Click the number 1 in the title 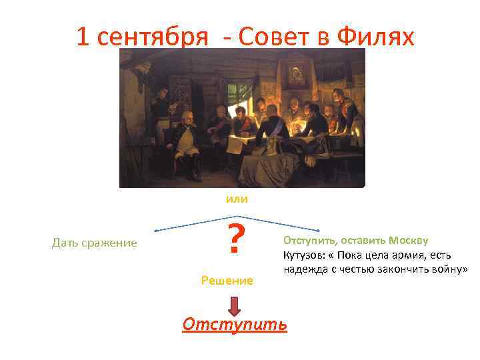tap(82, 37)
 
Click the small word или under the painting tap(236, 199)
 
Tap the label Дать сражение tap(94, 243)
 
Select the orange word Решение tap(227, 281)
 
